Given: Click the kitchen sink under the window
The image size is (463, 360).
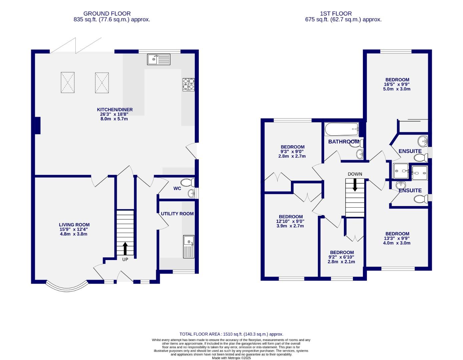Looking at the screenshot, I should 159,59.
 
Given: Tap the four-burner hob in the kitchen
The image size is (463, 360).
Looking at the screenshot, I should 188,84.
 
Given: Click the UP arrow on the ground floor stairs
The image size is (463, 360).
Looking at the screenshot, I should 125,248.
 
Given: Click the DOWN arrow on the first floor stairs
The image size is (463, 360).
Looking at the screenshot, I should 355,185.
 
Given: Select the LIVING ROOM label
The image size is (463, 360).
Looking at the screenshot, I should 74,225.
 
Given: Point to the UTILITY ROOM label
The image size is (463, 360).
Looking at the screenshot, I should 177,214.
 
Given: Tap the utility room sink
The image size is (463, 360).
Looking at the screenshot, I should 188,247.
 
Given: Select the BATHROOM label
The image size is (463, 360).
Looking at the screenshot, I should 344,142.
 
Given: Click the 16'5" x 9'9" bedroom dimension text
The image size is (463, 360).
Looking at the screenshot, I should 397,84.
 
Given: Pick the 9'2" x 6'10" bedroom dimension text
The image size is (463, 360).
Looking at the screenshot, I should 342,257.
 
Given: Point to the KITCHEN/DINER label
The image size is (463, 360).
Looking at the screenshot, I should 115,110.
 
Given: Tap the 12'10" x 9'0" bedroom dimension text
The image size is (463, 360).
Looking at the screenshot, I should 290,221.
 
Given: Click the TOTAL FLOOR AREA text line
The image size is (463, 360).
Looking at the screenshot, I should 231,334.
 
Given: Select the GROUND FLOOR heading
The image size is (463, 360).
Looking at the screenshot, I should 107,14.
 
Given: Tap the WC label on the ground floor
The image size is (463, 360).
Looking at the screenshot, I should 177,188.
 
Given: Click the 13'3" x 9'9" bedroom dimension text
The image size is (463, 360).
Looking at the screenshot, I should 397,238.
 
